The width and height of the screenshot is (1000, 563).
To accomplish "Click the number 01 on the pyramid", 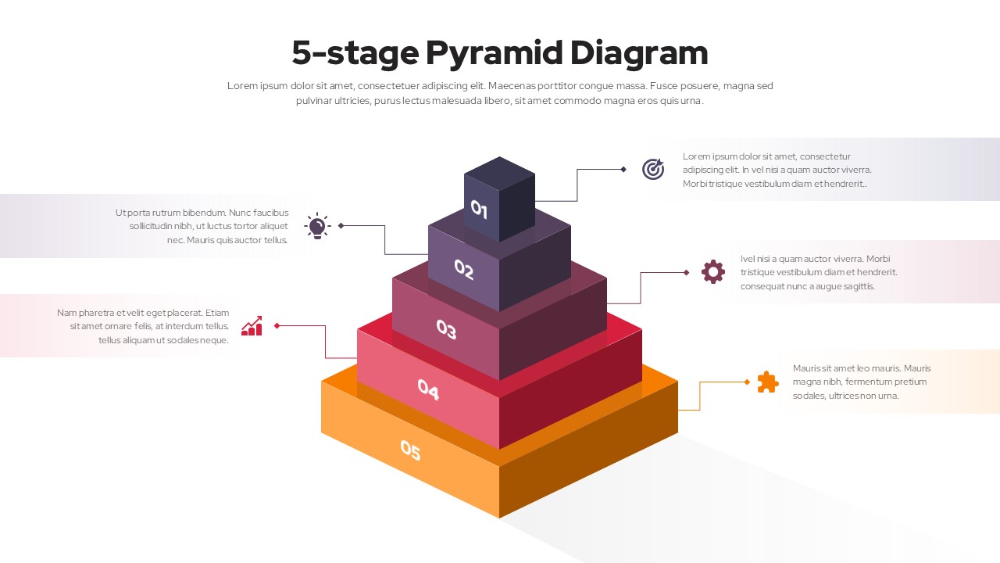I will coord(479,210).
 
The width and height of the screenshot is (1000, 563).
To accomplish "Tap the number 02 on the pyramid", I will coord(464,270).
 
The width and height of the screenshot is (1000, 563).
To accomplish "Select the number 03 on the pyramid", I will coord(446,329).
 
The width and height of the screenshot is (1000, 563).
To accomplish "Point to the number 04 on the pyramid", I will coord(428,389).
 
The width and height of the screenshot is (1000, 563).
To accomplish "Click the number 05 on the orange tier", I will coord(410,450).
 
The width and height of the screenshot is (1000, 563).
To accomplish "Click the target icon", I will coord(653,169).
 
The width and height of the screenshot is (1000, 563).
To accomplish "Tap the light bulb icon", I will coord(317,226).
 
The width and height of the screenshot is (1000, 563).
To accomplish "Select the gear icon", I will coord(712,272).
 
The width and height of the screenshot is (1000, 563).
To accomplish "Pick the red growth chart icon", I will coord(252,326).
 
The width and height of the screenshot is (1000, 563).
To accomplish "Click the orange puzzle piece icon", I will coord(767,382).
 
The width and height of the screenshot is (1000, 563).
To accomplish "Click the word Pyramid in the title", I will coord(494,53).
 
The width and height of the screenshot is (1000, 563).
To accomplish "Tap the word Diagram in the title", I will coord(638,53).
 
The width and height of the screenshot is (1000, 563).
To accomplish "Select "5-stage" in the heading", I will coord(355,53).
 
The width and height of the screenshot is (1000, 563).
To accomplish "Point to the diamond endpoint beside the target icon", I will coord(623,169).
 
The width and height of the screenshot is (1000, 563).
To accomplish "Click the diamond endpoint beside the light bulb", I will coord(341,225).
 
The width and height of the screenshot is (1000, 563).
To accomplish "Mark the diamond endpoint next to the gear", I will coord(686,272).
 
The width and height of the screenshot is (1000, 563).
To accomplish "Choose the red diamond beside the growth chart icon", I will coord(277,325).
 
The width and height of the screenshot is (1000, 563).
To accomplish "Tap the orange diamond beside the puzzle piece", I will coord(747,382).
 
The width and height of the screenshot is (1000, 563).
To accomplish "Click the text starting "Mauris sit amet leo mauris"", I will coord(861,382).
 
